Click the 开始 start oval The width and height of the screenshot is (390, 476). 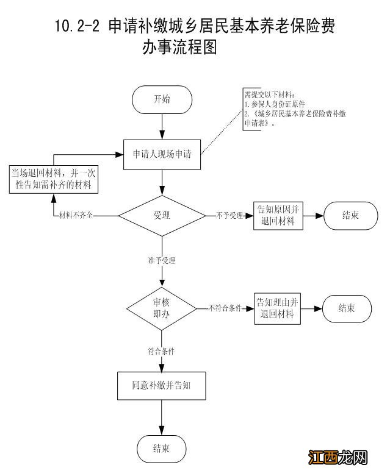162,99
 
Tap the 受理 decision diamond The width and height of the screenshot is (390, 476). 162,215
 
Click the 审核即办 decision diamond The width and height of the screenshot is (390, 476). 162,309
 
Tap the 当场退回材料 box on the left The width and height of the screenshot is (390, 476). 54,179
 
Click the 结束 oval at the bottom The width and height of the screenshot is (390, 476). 162,449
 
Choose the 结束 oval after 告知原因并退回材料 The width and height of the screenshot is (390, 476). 350,215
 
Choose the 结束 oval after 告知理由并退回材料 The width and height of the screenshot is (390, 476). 347,308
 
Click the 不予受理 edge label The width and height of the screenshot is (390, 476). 229,216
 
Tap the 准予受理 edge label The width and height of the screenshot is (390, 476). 161,260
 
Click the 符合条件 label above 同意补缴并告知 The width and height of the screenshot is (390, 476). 161,352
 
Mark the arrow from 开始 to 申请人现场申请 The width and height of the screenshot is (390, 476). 162,125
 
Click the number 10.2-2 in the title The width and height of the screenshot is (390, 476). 78,26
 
